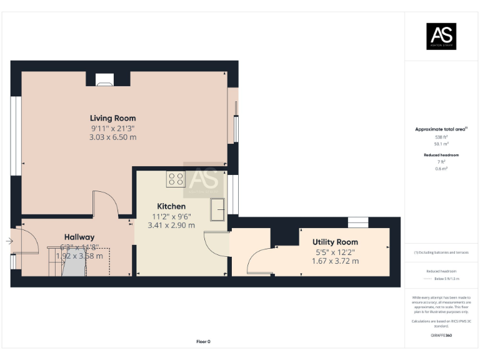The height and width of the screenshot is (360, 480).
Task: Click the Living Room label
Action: [112, 118]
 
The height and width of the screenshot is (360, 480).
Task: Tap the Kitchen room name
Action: [171, 206]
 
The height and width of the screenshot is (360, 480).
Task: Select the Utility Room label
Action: [335, 242]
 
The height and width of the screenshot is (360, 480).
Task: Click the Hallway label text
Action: [79, 237]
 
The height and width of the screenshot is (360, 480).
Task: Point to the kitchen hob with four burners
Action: [176, 179]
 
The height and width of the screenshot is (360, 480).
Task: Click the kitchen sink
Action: [218, 209]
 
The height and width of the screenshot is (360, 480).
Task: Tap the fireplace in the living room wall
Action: [104, 79]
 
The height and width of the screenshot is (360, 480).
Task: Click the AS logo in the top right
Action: [441, 36]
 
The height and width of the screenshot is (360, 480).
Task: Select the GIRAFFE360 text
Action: [441, 336]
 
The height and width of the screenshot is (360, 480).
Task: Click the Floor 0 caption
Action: [203, 342]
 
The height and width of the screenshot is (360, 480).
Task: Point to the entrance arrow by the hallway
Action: [9, 241]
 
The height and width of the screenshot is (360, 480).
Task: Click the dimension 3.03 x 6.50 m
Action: [112, 137]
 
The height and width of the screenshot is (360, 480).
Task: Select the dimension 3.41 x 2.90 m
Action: [169, 225]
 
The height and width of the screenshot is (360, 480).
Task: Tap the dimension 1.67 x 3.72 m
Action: [335, 261]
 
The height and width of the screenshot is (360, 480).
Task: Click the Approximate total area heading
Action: [441, 129]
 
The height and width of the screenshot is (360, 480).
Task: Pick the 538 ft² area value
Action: [441, 137]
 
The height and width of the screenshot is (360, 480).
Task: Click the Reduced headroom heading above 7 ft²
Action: [441, 154]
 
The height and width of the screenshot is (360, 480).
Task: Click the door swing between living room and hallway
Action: [104, 204]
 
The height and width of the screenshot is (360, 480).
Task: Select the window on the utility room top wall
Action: [358, 221]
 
